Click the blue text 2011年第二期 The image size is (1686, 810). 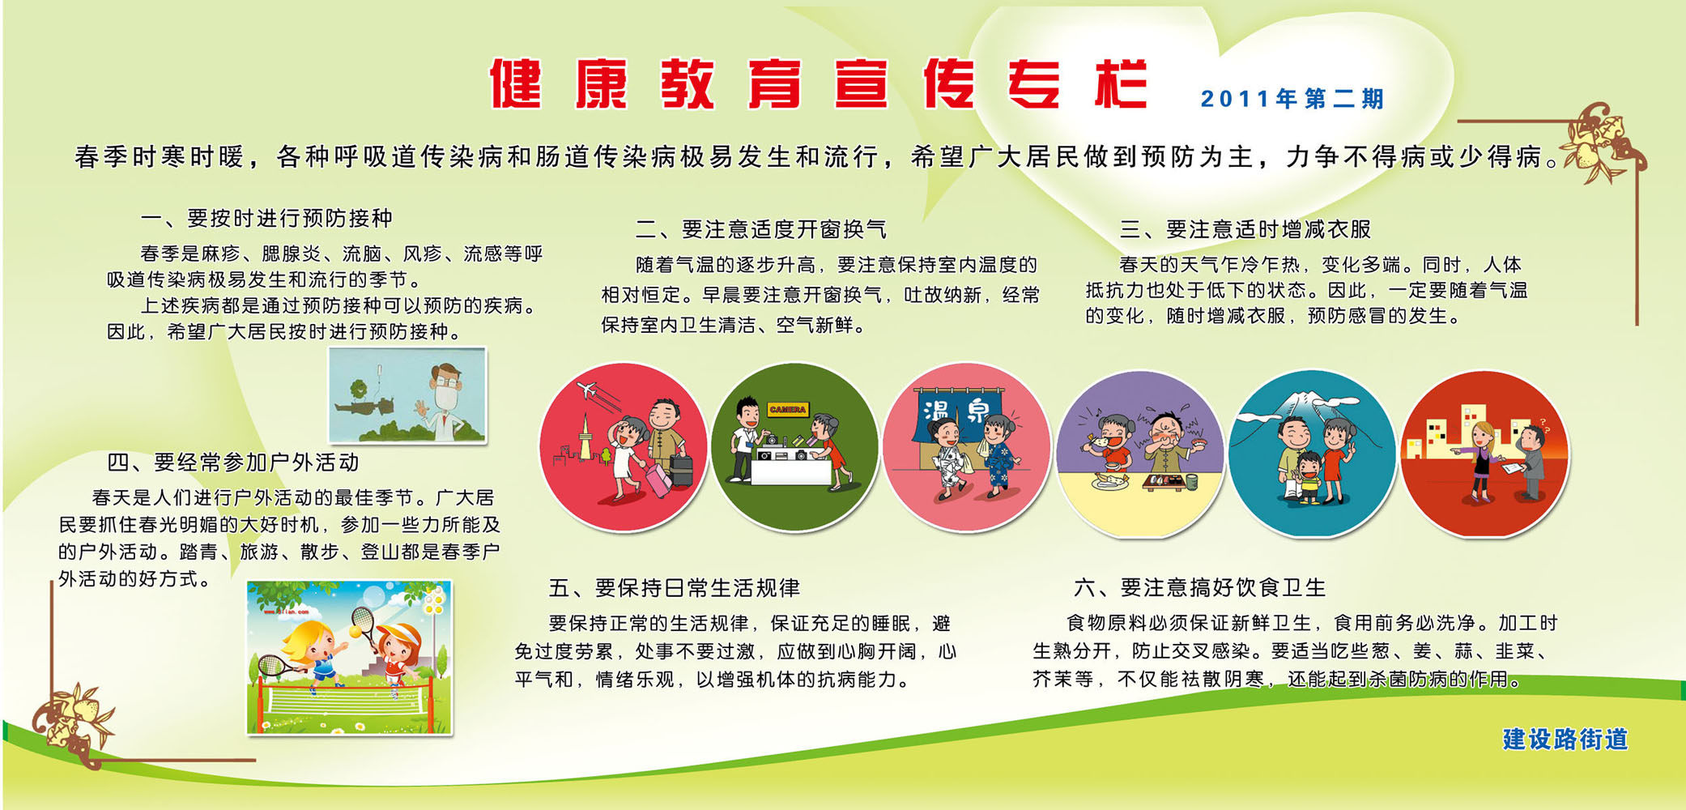click(1292, 99)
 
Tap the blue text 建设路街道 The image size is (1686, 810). click(1565, 739)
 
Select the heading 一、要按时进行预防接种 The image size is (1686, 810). click(266, 218)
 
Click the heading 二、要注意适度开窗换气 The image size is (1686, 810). click(760, 229)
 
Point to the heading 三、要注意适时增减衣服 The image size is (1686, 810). click(1245, 229)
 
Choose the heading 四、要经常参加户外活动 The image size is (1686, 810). click(233, 463)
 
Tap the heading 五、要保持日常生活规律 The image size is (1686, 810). click(674, 587)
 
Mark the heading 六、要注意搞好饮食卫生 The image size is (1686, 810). click(1199, 587)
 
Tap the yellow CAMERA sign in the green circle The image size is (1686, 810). click(787, 410)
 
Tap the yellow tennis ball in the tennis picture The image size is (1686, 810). click(354, 631)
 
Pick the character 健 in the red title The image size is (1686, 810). click(516, 83)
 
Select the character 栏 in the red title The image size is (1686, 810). click(1122, 83)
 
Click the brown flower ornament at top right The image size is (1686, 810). click(1599, 142)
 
